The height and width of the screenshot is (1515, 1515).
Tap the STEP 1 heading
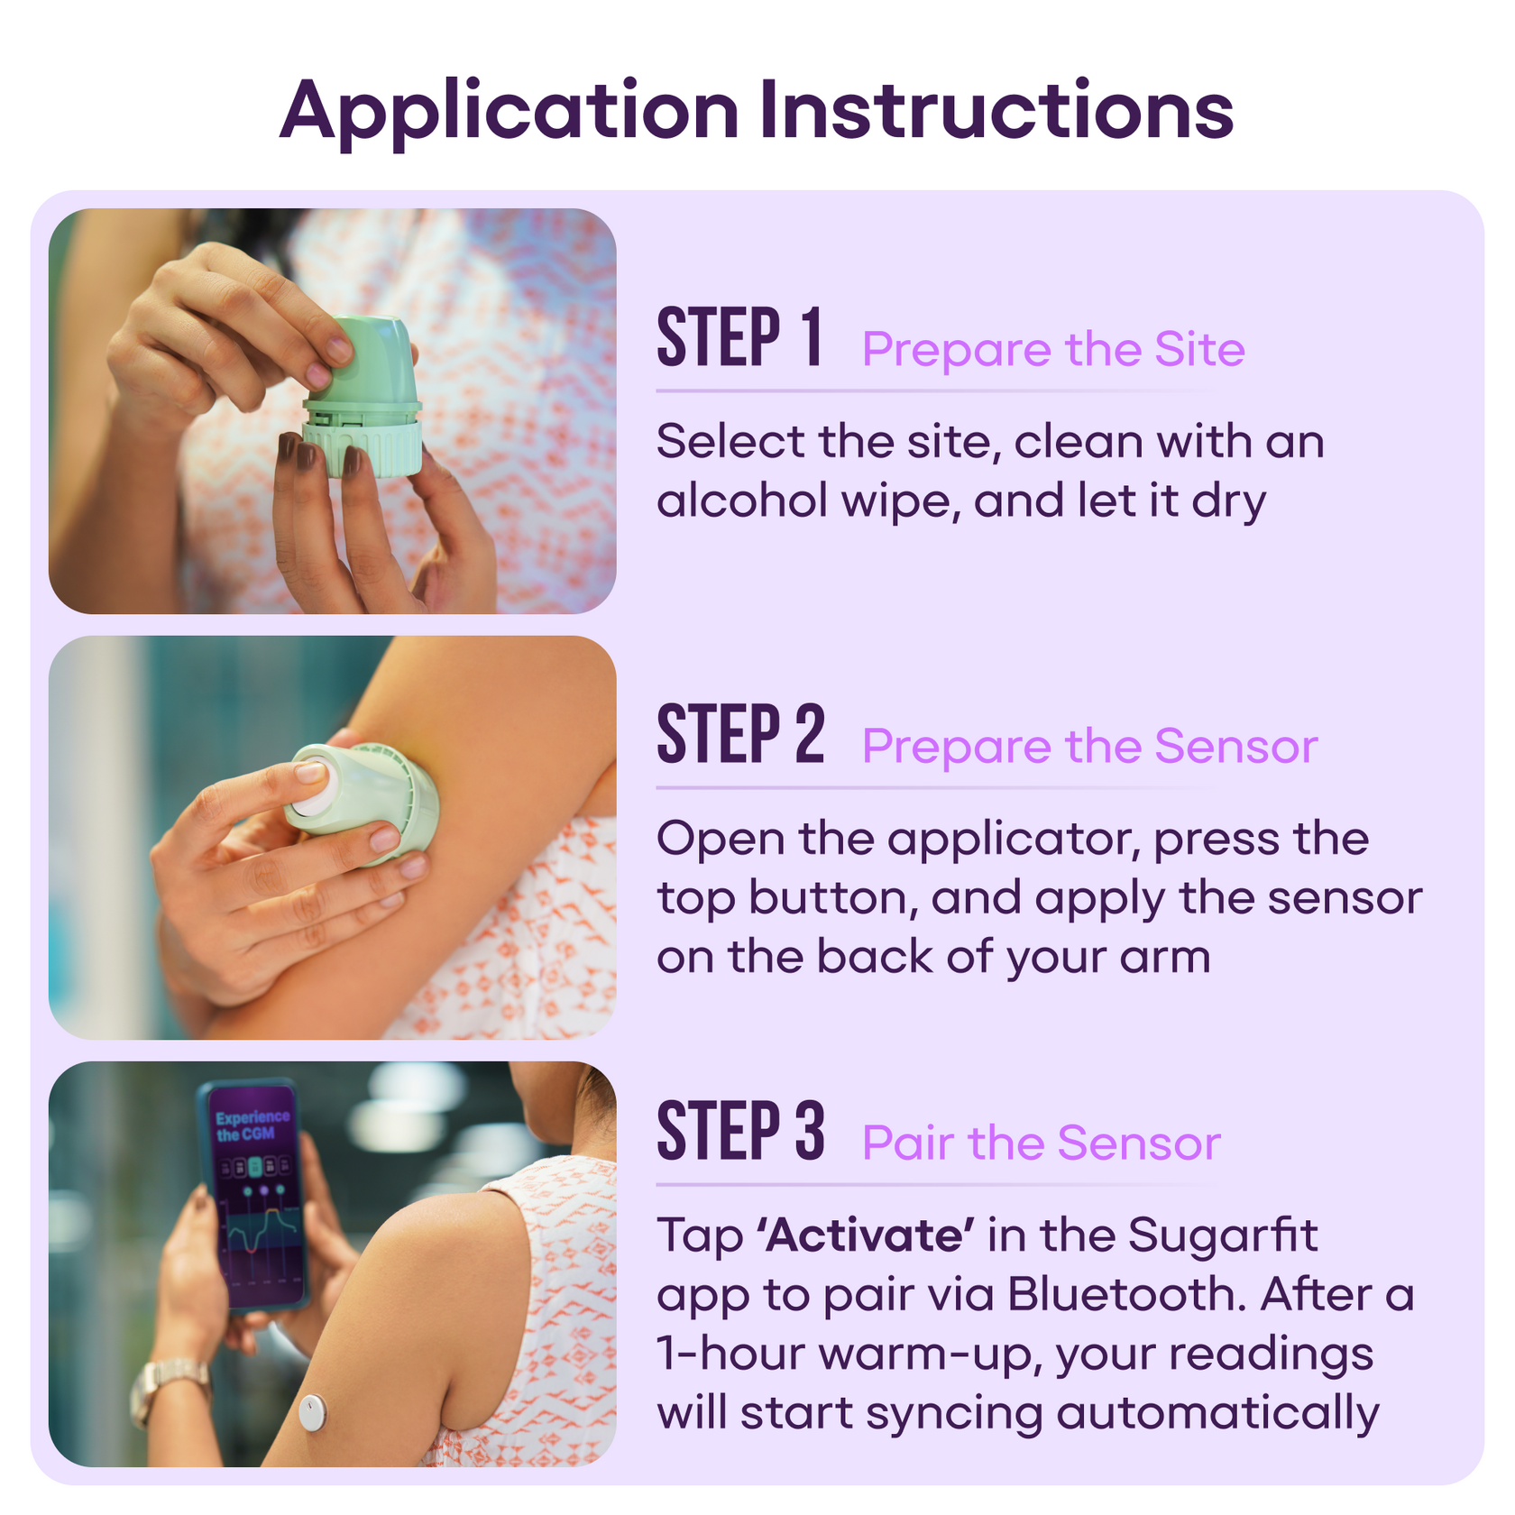pos(739,338)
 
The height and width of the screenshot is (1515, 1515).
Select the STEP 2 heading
pos(740,735)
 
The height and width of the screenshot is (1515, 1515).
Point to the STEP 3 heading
pos(740,1132)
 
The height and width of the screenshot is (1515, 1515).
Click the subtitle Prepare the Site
pos(1052,350)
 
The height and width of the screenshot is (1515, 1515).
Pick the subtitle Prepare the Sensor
pos(1089,747)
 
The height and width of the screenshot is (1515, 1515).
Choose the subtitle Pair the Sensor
pos(1041,1143)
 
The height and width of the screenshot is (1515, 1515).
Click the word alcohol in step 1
pos(741,500)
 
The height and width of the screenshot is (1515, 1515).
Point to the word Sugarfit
pos(1222,1235)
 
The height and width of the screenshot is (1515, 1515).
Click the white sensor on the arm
pos(312,1413)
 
